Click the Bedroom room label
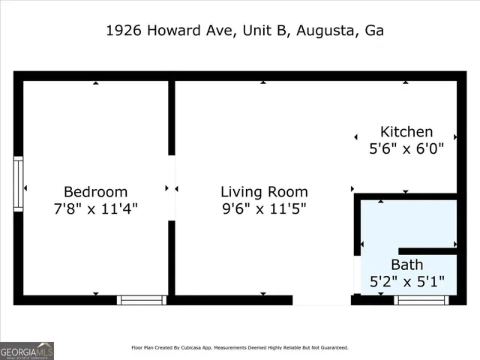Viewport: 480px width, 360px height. click(x=95, y=192)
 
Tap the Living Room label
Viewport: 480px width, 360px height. click(x=264, y=192)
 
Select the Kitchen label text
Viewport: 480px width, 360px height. click(x=406, y=132)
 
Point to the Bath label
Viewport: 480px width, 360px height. click(x=406, y=265)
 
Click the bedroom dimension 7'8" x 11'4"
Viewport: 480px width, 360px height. click(x=95, y=208)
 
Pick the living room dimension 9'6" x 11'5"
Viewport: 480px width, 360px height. click(x=264, y=208)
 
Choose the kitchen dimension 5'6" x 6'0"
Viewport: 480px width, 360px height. click(x=406, y=148)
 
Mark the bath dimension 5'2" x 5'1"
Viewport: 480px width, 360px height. click(x=407, y=282)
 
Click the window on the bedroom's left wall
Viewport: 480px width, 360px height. click(x=18, y=184)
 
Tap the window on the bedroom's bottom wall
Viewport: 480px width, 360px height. click(x=142, y=300)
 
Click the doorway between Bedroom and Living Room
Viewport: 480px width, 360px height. click(x=172, y=187)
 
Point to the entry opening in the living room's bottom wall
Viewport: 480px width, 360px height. click(x=321, y=300)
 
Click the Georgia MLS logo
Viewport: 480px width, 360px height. click(x=27, y=350)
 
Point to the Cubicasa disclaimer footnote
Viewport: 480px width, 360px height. click(x=240, y=348)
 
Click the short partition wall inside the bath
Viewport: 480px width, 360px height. click(x=427, y=250)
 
